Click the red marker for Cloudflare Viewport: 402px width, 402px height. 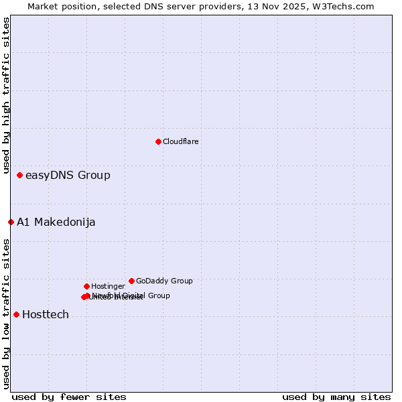(158, 141)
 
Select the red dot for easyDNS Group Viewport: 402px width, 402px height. (19, 175)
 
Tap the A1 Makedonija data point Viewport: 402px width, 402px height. (11, 222)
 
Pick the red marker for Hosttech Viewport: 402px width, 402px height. (16, 314)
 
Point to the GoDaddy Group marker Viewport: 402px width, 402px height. (131, 281)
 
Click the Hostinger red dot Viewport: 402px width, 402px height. (86, 286)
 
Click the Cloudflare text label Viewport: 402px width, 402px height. (180, 141)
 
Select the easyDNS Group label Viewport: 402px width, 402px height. (68, 176)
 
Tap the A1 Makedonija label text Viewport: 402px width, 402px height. (56, 222)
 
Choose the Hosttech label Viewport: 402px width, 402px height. (46, 315)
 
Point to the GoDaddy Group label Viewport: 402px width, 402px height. (164, 281)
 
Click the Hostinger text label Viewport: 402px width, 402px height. (108, 286)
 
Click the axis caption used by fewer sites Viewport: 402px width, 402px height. (69, 397)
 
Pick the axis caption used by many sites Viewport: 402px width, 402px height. (336, 397)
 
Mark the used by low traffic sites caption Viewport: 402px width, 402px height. (6, 314)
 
